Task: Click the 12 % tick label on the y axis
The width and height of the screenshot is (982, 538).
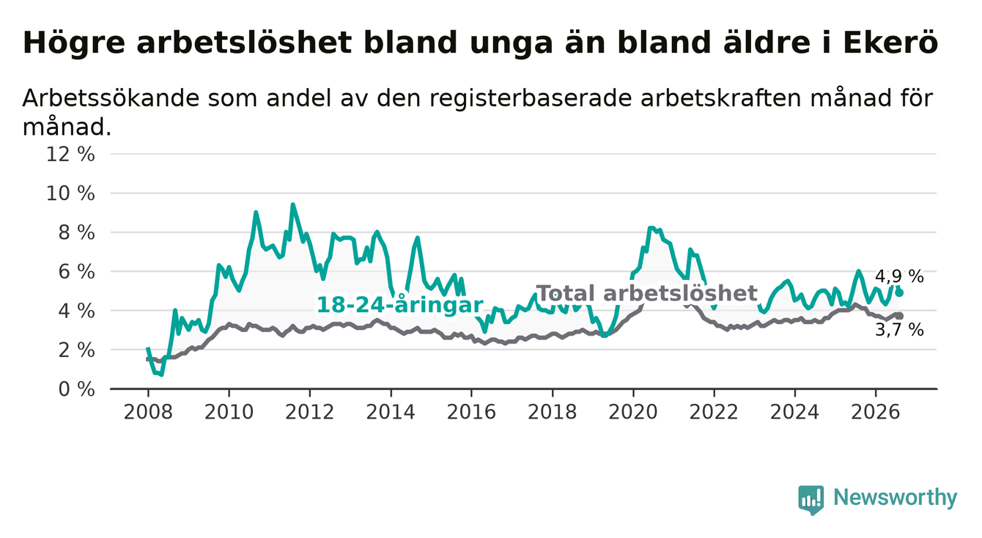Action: tap(70, 155)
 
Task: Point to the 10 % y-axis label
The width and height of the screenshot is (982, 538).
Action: tap(70, 194)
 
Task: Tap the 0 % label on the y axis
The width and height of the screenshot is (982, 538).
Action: tap(76, 389)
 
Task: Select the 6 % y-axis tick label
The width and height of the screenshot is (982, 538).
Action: tap(76, 272)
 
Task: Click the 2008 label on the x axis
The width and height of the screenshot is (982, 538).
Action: tap(148, 412)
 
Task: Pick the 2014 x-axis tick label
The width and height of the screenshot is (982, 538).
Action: tap(391, 412)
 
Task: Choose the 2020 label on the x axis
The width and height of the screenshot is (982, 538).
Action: tap(633, 412)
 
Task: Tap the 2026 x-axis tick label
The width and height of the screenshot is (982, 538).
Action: tap(876, 412)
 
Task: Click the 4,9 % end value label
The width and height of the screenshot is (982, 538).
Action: tap(899, 276)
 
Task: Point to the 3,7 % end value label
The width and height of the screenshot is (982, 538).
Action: tap(899, 330)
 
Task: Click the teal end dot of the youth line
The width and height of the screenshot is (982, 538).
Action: tap(900, 292)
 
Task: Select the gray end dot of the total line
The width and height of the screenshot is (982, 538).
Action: tap(900, 316)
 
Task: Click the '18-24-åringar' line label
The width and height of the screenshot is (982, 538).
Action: tap(400, 305)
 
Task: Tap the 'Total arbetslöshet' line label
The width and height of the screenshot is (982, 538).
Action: tap(647, 293)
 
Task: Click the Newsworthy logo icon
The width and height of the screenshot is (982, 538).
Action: tap(811, 500)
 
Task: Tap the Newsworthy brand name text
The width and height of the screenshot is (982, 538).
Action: tap(896, 498)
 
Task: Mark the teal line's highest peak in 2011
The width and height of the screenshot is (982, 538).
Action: tap(293, 204)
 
